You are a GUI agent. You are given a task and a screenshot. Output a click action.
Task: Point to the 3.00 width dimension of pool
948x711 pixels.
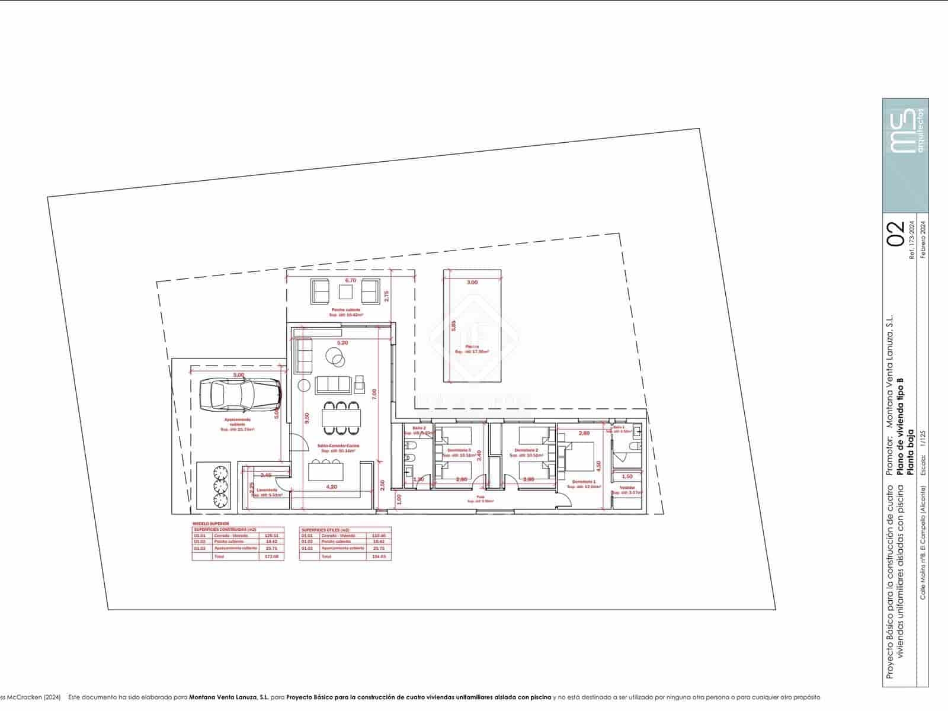(x=472, y=283)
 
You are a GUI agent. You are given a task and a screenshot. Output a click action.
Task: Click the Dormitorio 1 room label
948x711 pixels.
(x=584, y=482)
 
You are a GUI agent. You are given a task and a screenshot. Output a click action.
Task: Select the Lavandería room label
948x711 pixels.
(x=267, y=490)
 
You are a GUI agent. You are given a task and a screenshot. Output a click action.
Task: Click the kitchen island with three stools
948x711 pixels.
(x=325, y=472)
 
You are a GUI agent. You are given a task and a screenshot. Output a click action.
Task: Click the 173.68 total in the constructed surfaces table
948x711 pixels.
(x=272, y=557)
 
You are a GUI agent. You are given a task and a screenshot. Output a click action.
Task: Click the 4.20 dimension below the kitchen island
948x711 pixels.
(x=332, y=487)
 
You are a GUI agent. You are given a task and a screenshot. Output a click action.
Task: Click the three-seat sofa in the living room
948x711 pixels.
(x=332, y=385)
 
